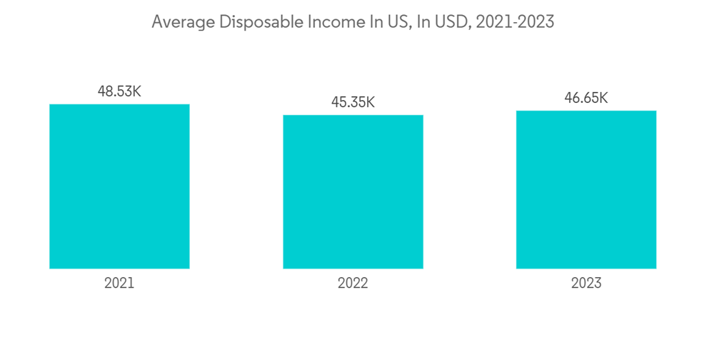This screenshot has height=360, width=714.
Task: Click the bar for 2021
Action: (119, 186)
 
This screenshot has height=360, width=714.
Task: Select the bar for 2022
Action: (353, 191)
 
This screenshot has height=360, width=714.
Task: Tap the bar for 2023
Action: (586, 189)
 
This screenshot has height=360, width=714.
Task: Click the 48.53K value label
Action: (119, 91)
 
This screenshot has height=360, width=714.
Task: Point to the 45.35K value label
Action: (353, 102)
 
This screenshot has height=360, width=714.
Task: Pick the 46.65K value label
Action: (586, 98)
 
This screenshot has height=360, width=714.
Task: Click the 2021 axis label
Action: (119, 283)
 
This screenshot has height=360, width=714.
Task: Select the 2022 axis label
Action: (353, 283)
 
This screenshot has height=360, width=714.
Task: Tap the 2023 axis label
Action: (586, 283)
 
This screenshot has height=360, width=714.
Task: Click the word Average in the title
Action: (182, 22)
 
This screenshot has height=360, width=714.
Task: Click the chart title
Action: (353, 22)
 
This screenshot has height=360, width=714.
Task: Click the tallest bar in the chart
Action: (119, 186)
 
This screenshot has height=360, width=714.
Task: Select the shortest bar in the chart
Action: (353, 191)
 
